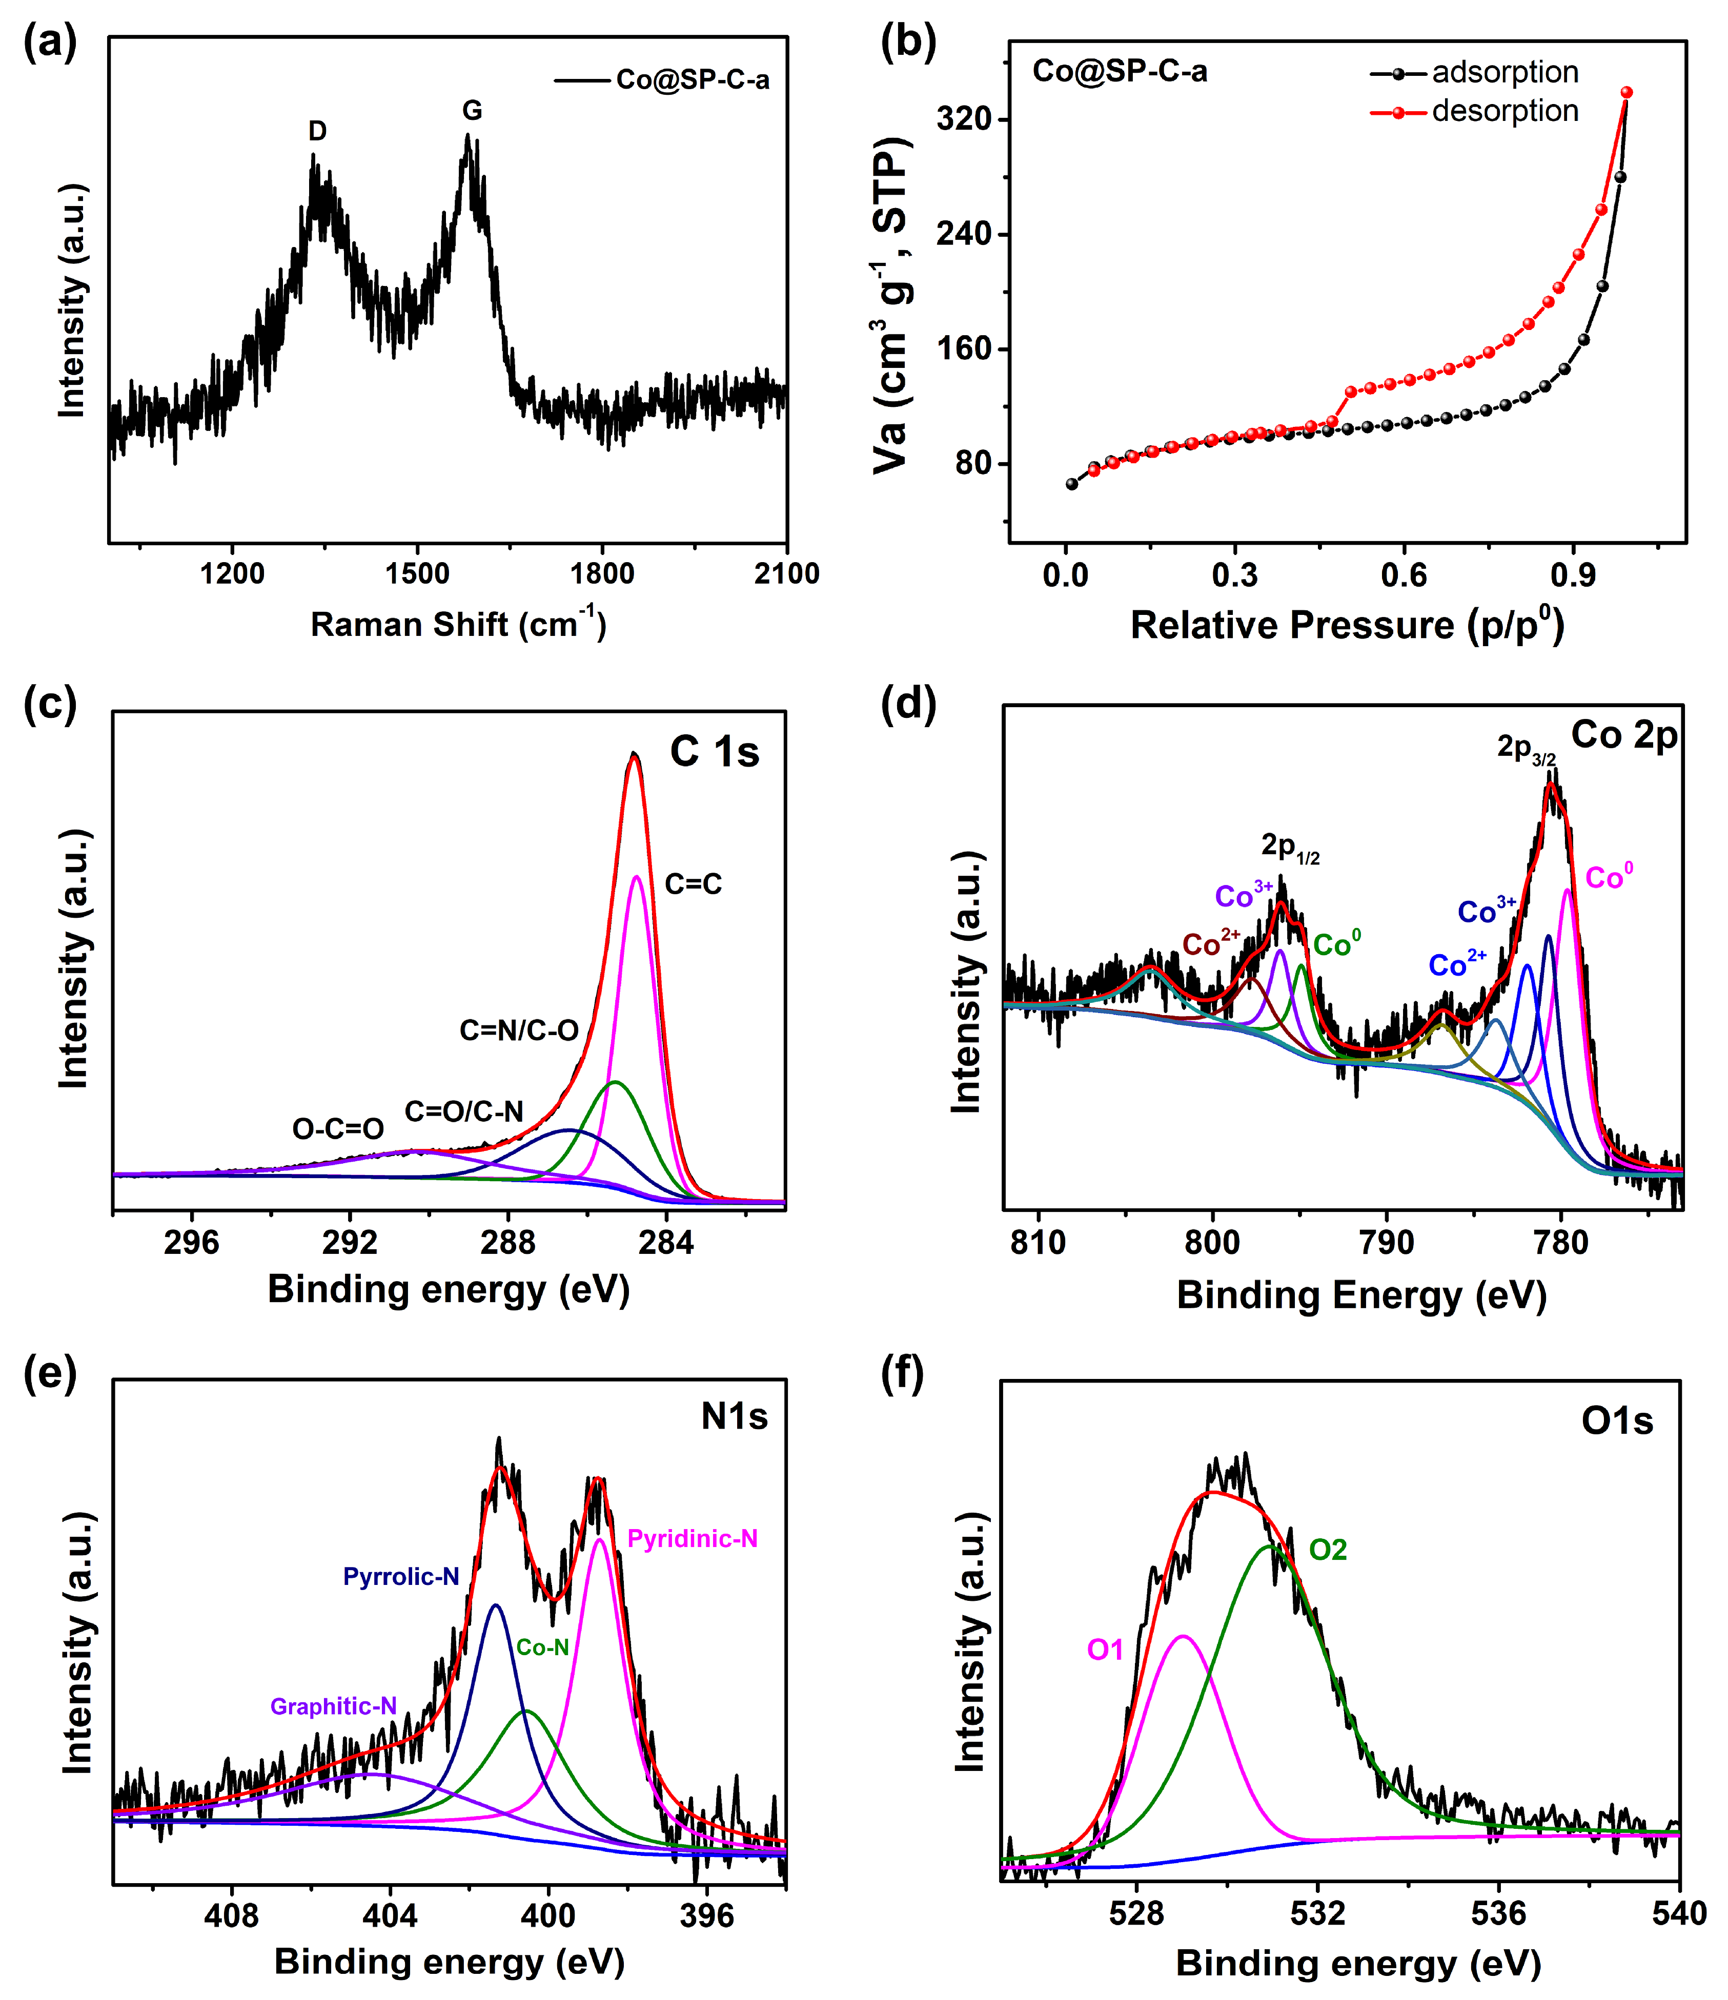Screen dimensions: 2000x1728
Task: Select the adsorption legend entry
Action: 1504,72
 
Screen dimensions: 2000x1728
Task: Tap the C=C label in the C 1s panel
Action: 693,883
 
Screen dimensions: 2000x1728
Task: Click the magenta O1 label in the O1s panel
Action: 1105,1650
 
